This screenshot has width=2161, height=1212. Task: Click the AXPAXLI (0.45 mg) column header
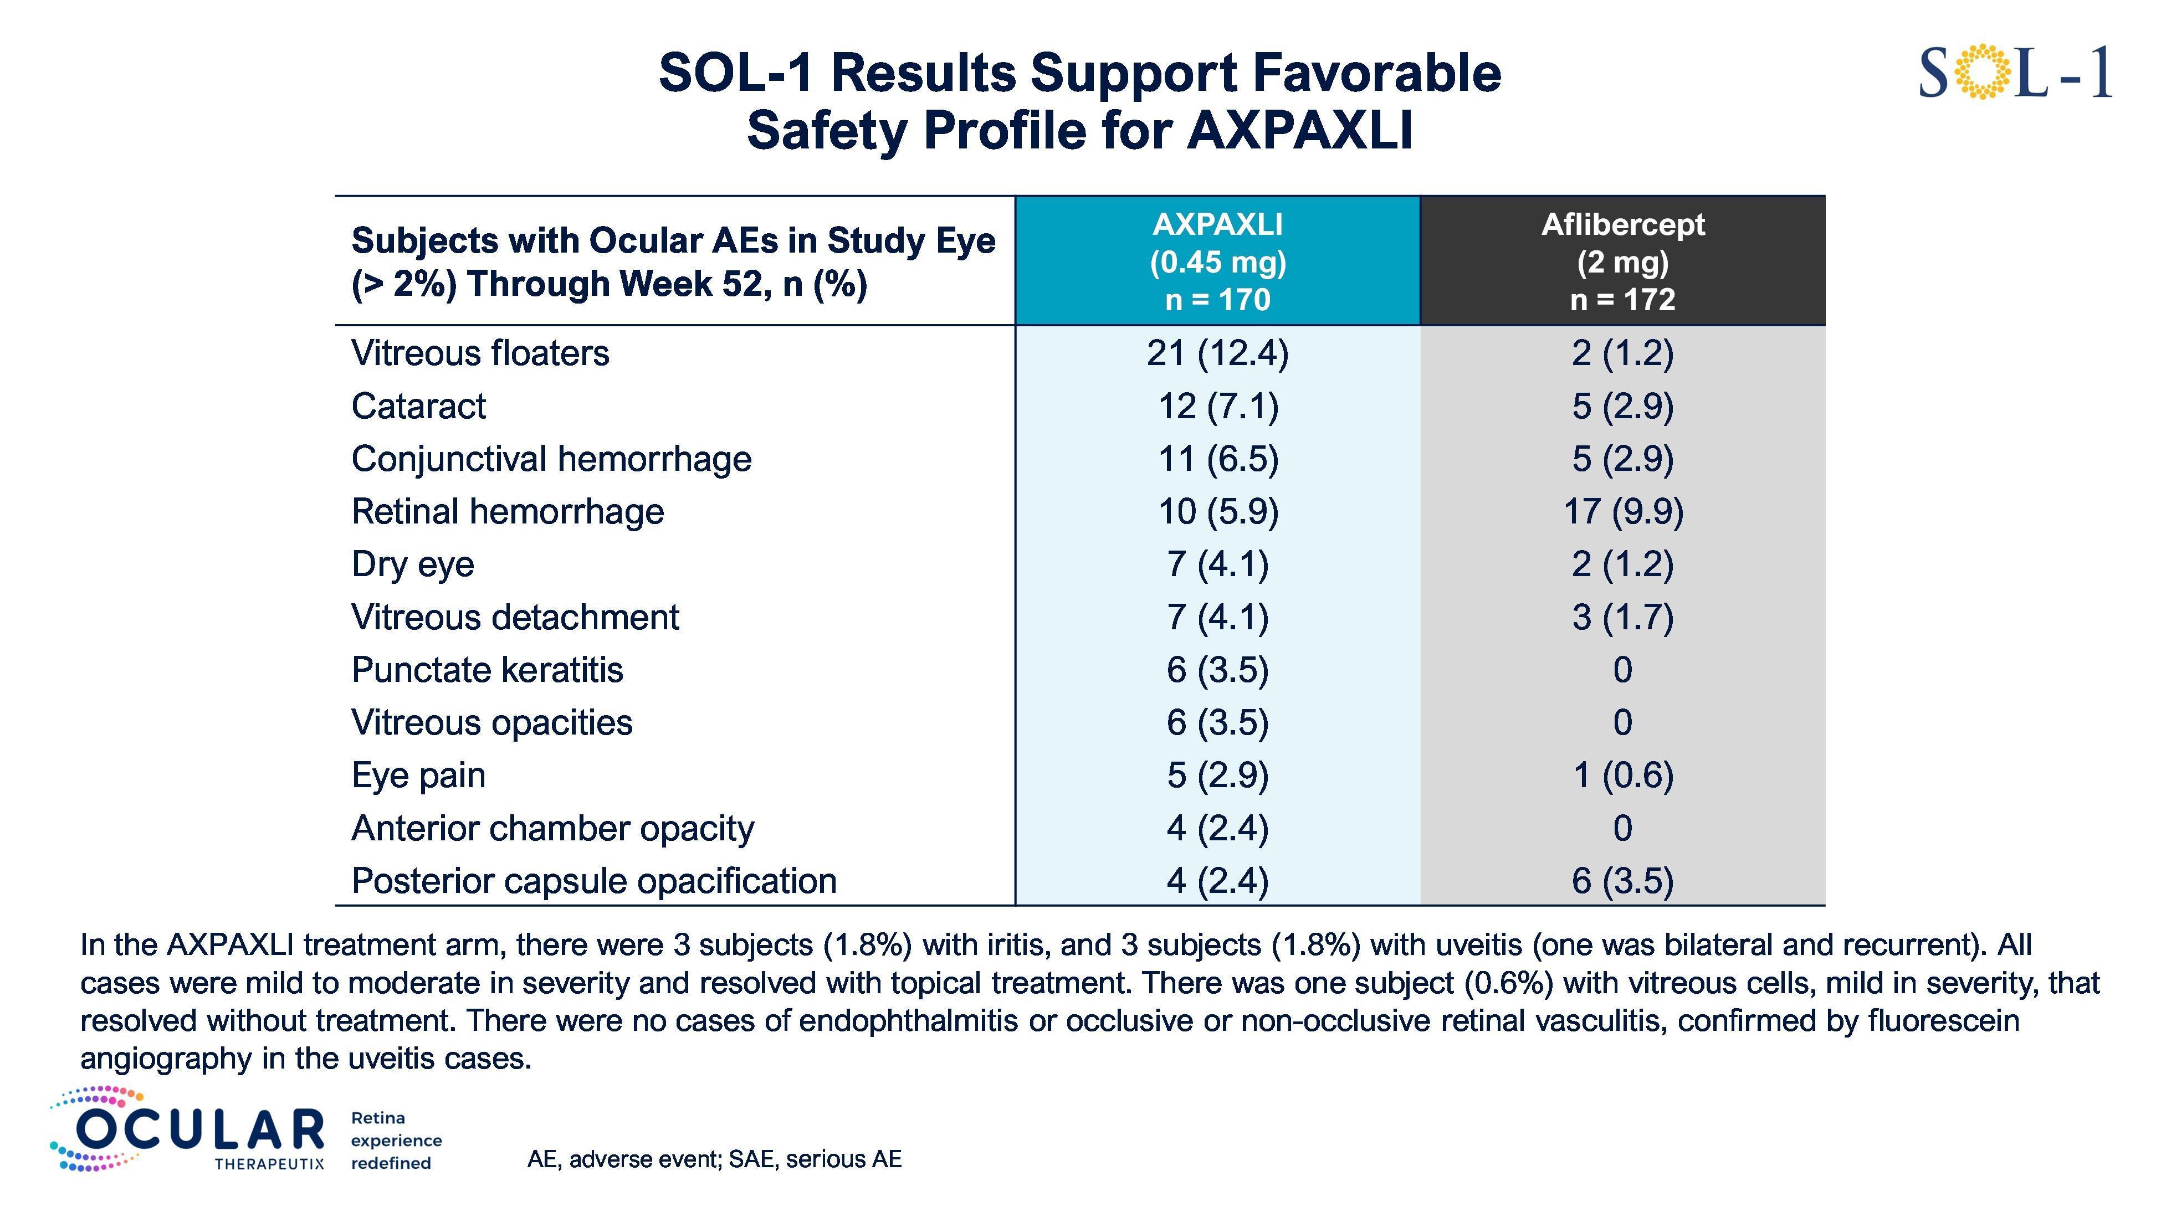click(1217, 261)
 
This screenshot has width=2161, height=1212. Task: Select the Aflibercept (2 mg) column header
click(1622, 261)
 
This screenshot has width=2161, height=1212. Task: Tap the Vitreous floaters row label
click(480, 353)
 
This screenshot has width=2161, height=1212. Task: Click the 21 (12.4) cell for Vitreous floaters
click(1217, 353)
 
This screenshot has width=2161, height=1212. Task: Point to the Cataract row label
click(418, 406)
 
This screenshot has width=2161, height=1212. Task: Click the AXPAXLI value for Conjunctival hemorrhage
click(1217, 459)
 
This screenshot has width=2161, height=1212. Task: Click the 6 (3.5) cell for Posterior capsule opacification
click(1622, 881)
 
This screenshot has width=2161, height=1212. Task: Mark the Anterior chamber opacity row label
click(552, 829)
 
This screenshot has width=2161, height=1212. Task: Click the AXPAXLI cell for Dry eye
click(1217, 564)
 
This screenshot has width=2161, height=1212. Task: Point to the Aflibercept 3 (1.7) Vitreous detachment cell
click(1622, 617)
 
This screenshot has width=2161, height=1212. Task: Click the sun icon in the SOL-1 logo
click(1983, 72)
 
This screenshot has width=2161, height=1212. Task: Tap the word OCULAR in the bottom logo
click(199, 1130)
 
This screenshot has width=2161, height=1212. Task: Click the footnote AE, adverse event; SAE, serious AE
click(714, 1159)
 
